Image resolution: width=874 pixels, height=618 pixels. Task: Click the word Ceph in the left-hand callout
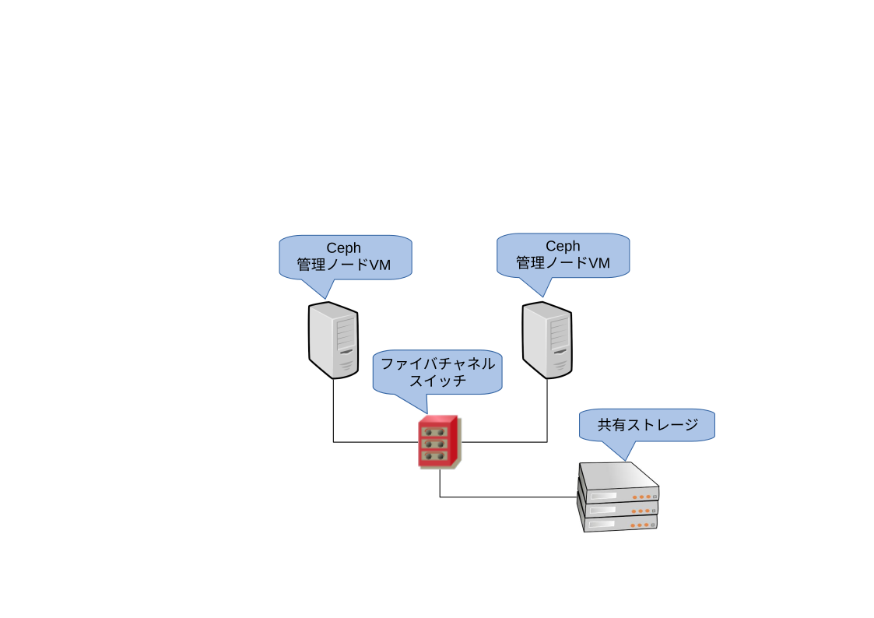coord(343,248)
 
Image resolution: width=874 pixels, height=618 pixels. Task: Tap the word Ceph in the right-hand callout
coord(563,247)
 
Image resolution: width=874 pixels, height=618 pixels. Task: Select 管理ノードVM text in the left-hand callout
coord(343,265)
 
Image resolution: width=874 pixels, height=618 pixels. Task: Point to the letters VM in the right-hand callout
coord(598,264)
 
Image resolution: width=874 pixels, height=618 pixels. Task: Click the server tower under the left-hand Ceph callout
coord(333,340)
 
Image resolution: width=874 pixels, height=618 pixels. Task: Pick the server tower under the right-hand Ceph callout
coord(547,340)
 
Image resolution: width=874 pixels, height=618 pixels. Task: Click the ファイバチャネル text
coord(437,364)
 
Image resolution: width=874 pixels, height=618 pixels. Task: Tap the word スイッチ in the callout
coord(437,381)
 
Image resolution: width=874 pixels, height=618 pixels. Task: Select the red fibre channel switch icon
coord(438,441)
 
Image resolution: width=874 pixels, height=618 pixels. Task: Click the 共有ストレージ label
coord(647,426)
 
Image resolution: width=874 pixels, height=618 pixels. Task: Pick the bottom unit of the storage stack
coord(619,523)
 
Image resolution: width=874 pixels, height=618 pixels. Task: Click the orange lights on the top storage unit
coord(642,497)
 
